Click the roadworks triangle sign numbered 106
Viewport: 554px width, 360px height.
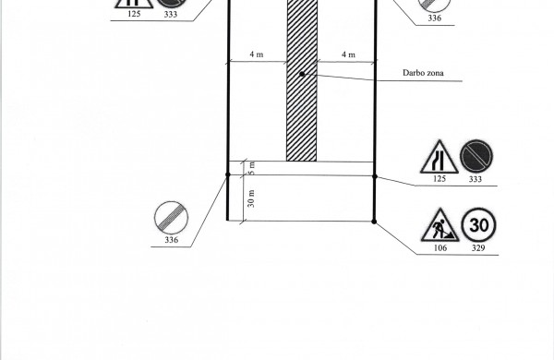(440, 226)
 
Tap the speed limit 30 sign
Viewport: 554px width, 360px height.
(478, 225)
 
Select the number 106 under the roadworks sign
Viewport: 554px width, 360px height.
(440, 248)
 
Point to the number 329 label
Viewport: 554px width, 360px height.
(478, 248)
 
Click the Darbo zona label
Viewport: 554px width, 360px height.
(423, 73)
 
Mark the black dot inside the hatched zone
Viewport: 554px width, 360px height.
(302, 74)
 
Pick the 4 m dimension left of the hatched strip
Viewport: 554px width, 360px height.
(257, 54)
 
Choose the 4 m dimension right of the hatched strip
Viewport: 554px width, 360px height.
(348, 54)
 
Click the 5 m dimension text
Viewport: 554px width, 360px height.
(251, 168)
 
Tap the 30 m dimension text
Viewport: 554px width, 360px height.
(251, 198)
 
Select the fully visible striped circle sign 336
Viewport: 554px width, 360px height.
(172, 219)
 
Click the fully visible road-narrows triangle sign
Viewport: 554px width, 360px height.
(440, 158)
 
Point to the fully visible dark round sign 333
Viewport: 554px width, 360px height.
(476, 157)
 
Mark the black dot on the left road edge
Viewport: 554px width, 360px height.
(228, 174)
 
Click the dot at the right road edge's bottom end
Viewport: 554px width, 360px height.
(374, 222)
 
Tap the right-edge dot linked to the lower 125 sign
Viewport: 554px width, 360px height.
(375, 176)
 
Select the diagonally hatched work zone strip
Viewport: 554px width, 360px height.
(302, 80)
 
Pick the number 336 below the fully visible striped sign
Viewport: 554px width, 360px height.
(172, 240)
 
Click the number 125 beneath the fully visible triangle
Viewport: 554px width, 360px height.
(440, 179)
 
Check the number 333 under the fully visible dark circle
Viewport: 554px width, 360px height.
(476, 179)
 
